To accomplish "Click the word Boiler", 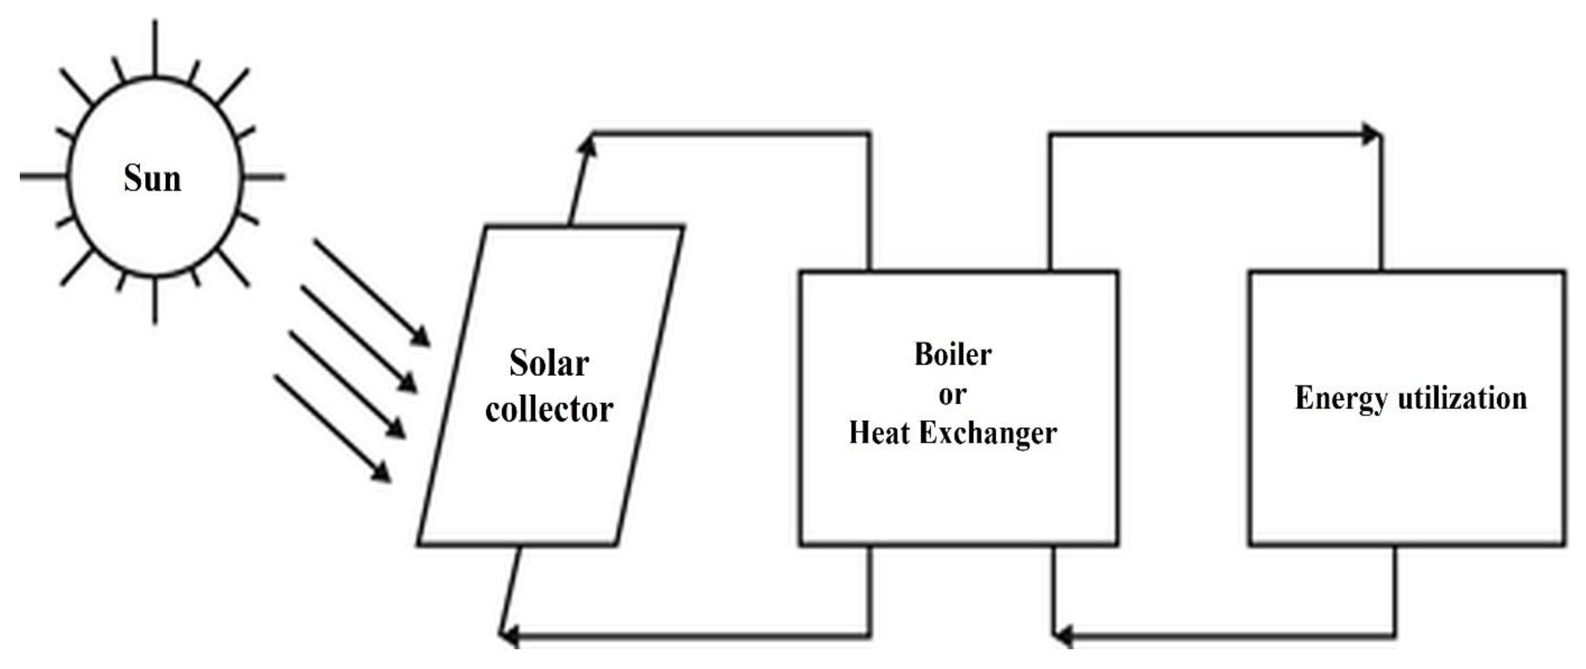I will point(953,355).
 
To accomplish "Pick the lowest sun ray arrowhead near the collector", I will point(383,473).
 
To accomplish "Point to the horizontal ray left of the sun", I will point(42,177).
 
